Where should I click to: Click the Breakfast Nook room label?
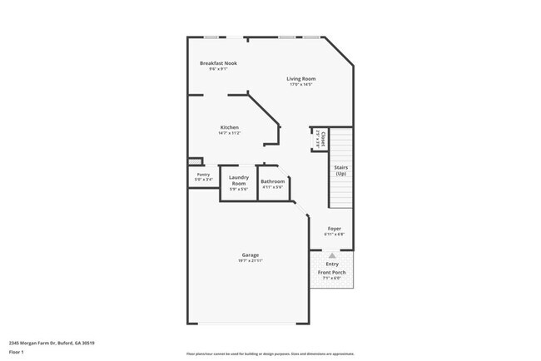[x=218, y=63]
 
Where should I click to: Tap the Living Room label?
[x=301, y=79]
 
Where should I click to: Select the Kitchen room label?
[x=230, y=127]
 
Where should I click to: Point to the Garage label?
[x=251, y=255]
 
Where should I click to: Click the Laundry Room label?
[x=239, y=180]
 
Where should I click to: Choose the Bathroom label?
[x=273, y=181]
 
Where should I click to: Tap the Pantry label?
[x=204, y=174]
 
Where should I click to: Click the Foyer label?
[x=334, y=228]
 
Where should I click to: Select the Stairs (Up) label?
[x=340, y=171]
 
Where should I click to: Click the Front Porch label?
[x=332, y=271]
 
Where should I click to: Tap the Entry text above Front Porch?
[x=332, y=264]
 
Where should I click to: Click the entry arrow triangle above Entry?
[x=332, y=255]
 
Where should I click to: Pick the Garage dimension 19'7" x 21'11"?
[x=251, y=261]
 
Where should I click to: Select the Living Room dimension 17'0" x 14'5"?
[x=301, y=85]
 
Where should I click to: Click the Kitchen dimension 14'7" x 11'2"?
[x=230, y=133]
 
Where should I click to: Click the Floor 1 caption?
[x=17, y=352]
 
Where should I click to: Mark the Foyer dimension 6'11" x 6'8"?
[x=334, y=234]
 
